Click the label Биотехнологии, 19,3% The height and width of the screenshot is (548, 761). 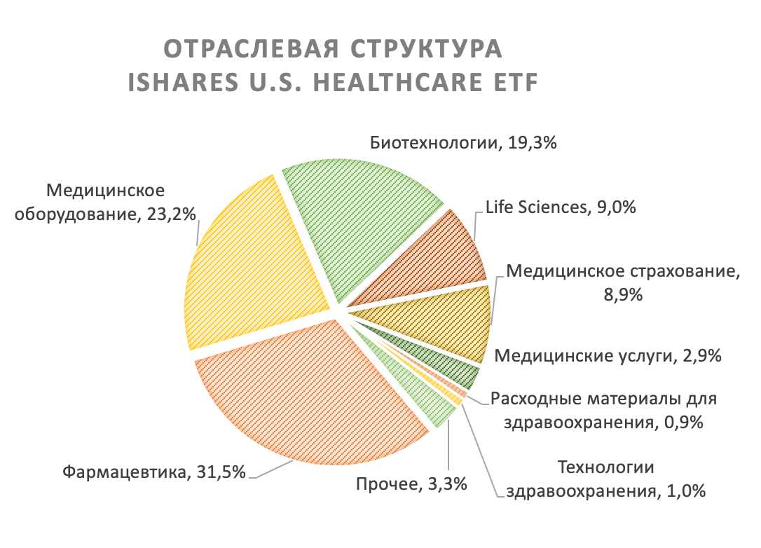[x=463, y=143]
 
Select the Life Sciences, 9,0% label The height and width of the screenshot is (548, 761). [x=561, y=207]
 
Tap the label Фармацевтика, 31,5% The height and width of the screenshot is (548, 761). [x=154, y=472]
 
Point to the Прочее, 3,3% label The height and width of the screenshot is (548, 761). [x=411, y=484]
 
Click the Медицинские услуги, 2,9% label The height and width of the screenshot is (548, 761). [x=608, y=356]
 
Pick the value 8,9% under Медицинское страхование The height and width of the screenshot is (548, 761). [x=623, y=294]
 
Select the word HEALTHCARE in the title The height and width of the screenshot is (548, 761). [x=398, y=82]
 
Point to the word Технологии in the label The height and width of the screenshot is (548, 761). [x=605, y=467]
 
